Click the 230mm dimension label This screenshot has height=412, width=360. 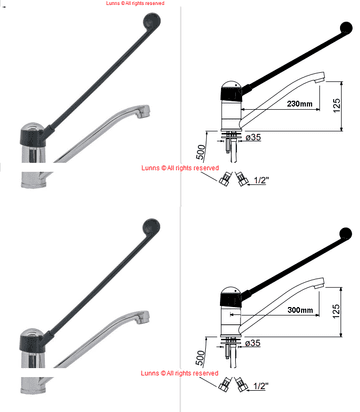(x=300, y=103)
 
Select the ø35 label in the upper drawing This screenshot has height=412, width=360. (x=254, y=137)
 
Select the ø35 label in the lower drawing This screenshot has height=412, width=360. (x=254, y=343)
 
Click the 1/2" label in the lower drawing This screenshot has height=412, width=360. (x=261, y=385)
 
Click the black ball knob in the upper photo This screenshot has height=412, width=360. (x=151, y=22)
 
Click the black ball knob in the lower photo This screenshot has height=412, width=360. (x=151, y=227)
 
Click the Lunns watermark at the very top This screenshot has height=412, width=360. (x=135, y=4)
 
